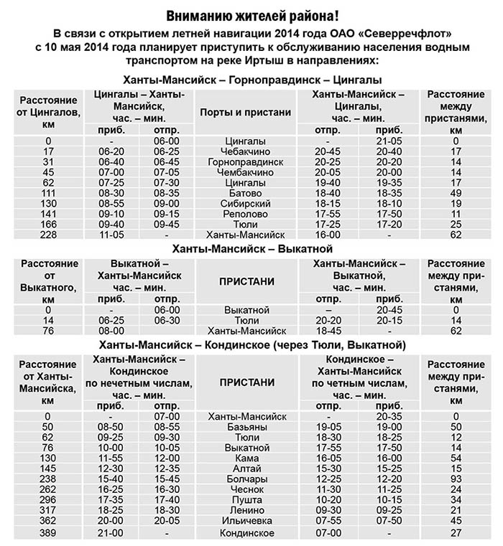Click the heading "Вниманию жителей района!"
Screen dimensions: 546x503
251,16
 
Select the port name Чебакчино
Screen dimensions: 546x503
246,152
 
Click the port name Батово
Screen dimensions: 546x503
246,193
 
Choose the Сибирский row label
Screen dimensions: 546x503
246,204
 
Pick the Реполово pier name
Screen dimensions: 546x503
246,214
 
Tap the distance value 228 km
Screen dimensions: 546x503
48,235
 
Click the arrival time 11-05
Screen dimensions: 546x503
111,235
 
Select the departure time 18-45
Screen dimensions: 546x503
327,331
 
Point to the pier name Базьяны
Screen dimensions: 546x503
246,427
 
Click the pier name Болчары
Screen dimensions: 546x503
246,479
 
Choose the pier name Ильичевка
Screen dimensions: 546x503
246,520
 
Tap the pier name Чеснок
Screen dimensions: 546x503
246,489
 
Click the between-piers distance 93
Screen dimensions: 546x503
455,479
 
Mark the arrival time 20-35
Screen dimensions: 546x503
389,416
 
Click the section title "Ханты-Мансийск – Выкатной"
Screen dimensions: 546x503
251,249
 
